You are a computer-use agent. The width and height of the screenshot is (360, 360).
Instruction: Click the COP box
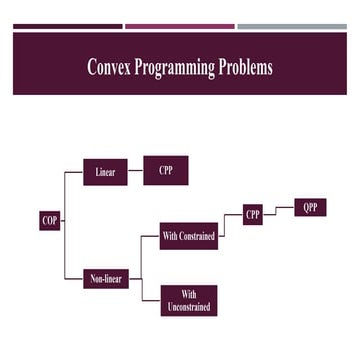(50, 220)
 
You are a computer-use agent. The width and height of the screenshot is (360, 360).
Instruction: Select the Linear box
(105, 172)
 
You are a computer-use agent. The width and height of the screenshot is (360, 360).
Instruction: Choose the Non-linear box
(106, 279)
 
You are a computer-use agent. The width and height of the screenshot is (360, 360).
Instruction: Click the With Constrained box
(188, 236)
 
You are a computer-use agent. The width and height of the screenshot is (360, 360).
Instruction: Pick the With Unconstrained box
(188, 301)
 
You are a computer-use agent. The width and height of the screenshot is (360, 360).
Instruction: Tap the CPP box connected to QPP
(253, 215)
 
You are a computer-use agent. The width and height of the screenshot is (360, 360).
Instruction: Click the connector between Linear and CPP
(136, 172)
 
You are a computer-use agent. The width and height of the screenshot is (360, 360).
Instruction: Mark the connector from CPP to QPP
(280, 209)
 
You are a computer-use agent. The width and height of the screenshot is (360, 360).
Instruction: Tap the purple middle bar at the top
(180, 26)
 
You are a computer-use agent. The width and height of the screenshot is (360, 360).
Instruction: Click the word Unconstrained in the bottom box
(188, 307)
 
